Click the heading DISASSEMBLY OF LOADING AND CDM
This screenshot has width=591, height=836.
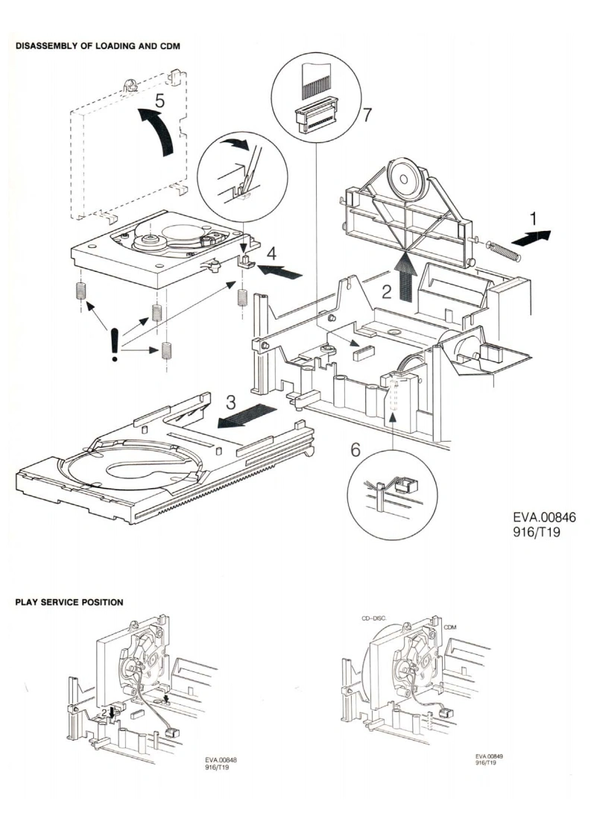coord(98,46)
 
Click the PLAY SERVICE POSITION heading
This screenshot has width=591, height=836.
coord(69,601)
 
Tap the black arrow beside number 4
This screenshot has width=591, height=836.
coord(281,270)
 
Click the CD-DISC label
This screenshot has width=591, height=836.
coord(373,619)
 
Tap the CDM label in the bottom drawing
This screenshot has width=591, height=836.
coord(449,628)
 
